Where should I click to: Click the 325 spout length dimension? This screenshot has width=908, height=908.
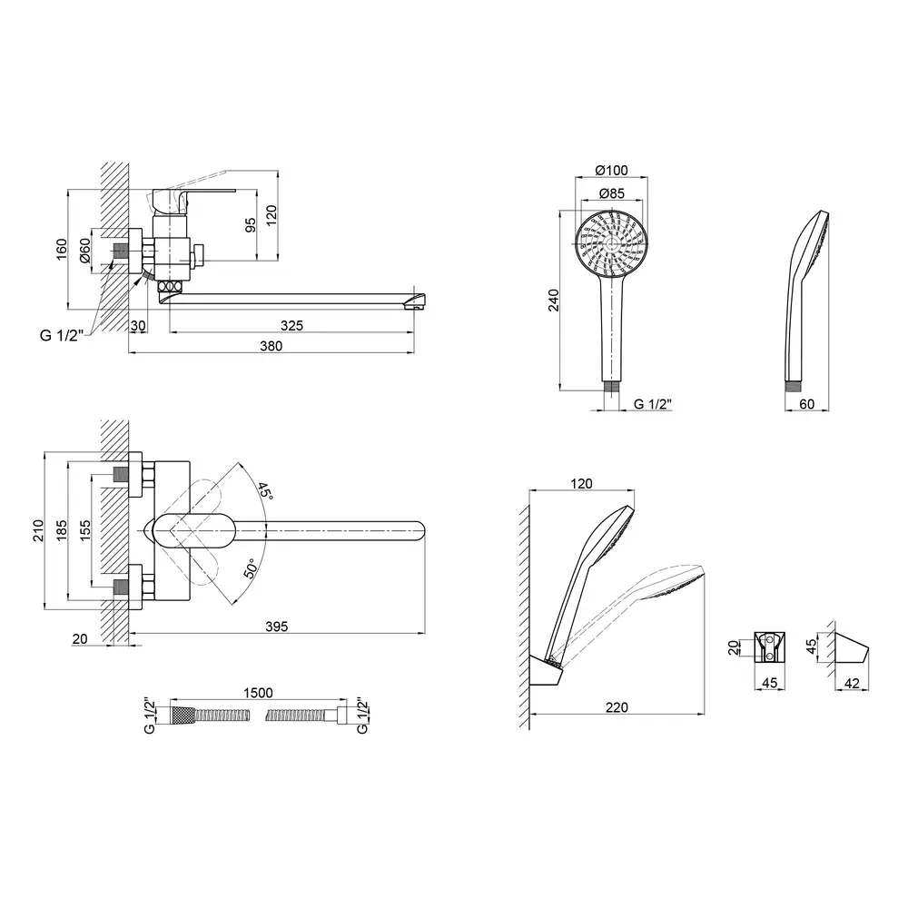point(291,325)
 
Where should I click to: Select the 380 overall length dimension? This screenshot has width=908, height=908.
point(271,346)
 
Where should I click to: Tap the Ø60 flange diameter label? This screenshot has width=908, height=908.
point(85,251)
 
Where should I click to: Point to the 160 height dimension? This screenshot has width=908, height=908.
point(62,249)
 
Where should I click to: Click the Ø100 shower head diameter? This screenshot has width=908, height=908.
point(611,170)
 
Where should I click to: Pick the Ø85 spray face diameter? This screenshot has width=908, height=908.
point(611,192)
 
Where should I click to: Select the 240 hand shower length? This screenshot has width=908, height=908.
point(554,300)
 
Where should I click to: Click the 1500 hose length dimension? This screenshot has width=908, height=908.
point(258,693)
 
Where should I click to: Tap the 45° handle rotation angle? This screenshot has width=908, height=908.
point(265,490)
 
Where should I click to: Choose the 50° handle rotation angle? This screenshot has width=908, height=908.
point(251,568)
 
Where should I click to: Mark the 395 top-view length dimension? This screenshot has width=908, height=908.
point(277,626)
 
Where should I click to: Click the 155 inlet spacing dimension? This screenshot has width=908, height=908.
point(85,530)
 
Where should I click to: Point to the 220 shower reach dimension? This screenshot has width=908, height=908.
point(617,707)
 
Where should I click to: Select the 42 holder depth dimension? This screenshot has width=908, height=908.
point(852,684)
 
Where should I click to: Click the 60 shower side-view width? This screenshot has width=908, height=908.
point(806,404)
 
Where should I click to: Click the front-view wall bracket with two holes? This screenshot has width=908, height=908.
point(770,646)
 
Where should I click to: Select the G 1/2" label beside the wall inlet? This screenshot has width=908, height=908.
point(62,335)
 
